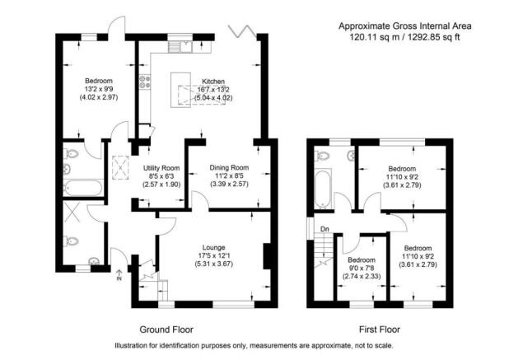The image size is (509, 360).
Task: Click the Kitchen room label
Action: click(x=213, y=82)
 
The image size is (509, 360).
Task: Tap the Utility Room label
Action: click(x=161, y=168)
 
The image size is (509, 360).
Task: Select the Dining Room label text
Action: click(x=229, y=168)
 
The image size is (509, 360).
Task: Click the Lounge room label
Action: click(x=213, y=247)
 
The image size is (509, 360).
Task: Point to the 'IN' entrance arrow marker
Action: click(x=119, y=275)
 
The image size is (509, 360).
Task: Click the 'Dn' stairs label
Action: click(x=325, y=229)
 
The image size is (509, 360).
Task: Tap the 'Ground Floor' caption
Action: click(x=166, y=330)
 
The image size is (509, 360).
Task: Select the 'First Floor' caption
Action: click(x=380, y=330)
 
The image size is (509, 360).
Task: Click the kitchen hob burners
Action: click(x=145, y=82)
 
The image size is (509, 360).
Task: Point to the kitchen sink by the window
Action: click(x=186, y=46)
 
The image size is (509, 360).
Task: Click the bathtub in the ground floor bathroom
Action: click(x=83, y=188)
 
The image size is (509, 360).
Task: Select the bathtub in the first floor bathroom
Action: click(x=323, y=189)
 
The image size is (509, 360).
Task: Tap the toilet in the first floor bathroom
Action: click(x=323, y=156)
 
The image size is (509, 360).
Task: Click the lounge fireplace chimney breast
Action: click(x=267, y=256)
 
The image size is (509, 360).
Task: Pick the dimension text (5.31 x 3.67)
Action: click(x=213, y=264)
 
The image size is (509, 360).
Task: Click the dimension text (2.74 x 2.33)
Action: click(x=362, y=276)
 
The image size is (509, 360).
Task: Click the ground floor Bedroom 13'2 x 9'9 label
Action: click(x=99, y=89)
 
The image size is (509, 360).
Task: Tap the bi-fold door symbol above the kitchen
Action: click(x=241, y=31)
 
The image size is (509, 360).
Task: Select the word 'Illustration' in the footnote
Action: click(x=130, y=346)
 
